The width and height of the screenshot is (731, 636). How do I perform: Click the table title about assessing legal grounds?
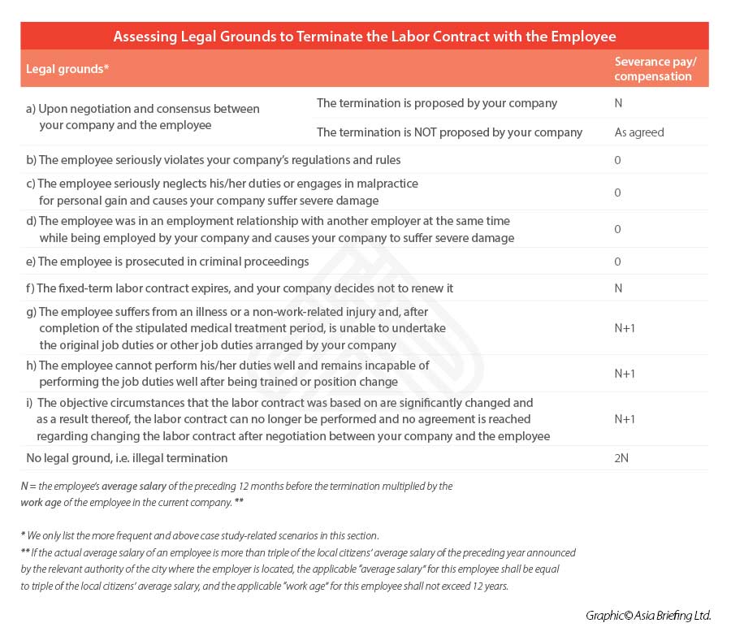tap(365, 37)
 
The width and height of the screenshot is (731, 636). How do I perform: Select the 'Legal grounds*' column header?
tap(67, 69)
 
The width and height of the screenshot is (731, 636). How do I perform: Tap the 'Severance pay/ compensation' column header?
tap(653, 69)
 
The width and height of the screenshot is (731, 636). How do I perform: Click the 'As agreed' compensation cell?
tap(639, 132)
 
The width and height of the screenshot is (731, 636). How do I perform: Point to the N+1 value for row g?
tap(625, 328)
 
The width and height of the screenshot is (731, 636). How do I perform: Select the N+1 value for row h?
tap(625, 374)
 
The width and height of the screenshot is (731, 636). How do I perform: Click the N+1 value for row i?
tap(625, 419)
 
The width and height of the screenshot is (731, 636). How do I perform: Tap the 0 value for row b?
tap(618, 160)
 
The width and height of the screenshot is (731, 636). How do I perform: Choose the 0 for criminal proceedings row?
tap(618, 262)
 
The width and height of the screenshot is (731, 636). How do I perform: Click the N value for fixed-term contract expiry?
tap(619, 288)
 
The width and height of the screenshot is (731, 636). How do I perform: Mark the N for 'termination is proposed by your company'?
tap(619, 103)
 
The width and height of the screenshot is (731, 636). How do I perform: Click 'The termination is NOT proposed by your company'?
tap(449, 132)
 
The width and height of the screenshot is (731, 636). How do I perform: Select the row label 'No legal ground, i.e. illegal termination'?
tap(127, 458)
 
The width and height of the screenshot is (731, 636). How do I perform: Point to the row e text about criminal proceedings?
tap(167, 262)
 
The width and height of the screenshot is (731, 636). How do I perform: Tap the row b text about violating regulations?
tap(213, 160)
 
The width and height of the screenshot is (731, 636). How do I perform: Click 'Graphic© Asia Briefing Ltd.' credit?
tap(648, 616)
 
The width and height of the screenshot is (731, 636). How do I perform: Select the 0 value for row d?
tap(618, 229)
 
